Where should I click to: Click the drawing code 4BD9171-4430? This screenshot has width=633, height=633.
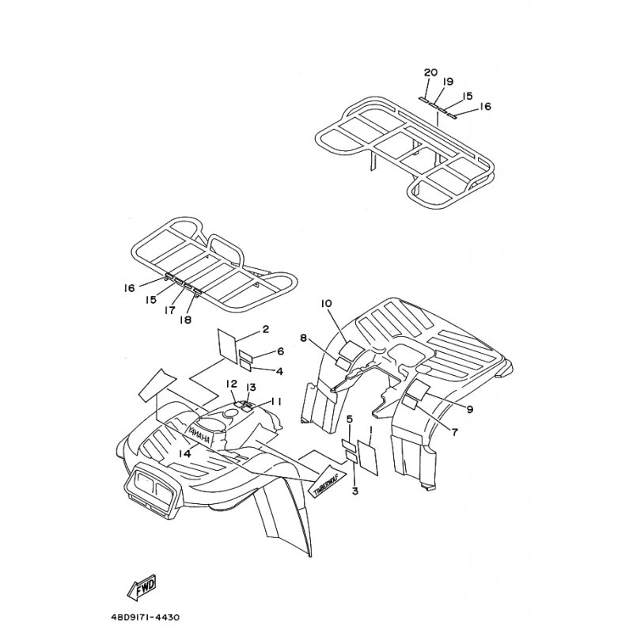(145, 617)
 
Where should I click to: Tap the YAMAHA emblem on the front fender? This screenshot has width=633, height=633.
(199, 433)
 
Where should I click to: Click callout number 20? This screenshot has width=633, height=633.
(430, 73)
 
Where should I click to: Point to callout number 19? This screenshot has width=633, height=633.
(447, 81)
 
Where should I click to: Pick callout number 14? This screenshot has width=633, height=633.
(184, 453)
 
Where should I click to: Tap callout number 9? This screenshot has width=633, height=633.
(469, 409)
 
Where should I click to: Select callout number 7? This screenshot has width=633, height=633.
(454, 432)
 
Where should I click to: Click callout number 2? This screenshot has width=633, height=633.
(265, 329)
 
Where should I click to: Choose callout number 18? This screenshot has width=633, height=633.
(186, 320)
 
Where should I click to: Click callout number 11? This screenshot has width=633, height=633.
(276, 402)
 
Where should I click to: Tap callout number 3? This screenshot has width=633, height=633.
(354, 491)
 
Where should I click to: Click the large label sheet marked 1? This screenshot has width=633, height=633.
(368, 458)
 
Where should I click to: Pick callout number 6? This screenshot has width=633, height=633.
(280, 351)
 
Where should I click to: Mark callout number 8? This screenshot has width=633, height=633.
(303, 339)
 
